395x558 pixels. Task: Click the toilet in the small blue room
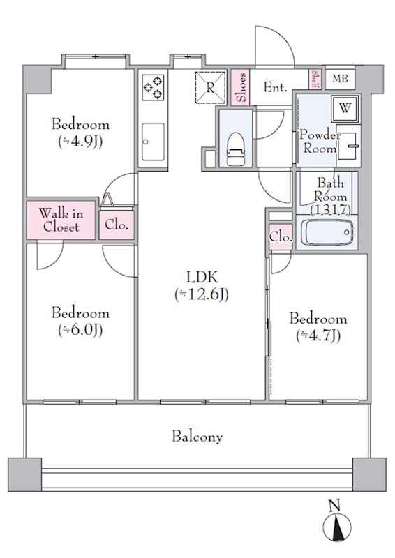236,149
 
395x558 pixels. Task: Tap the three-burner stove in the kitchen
153,87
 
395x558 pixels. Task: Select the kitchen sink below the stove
153,142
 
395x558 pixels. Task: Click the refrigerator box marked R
211,88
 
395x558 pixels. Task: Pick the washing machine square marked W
345,108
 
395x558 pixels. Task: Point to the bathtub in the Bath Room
328,232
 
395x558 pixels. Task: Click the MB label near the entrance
340,78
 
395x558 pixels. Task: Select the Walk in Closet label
61,220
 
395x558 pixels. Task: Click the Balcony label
197,437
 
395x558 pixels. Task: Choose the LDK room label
202,276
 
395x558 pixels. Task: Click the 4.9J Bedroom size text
80,142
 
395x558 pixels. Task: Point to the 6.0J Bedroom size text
80,330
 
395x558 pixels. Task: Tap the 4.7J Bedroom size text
318,335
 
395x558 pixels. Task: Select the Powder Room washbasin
349,146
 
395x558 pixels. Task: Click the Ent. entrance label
276,87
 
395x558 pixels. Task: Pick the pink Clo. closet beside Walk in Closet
117,225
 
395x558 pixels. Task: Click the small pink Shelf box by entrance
315,79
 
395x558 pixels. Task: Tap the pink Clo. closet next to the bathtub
281,236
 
